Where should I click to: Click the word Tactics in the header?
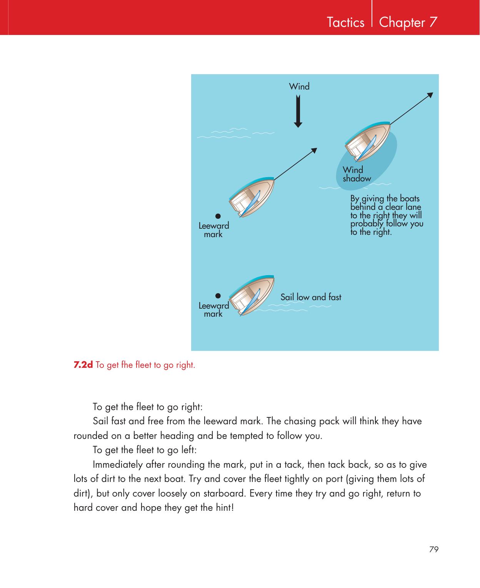tap(345, 23)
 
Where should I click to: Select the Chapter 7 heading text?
tap(408, 23)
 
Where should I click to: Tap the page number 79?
tap(434, 549)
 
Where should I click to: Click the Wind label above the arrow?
tap(299, 86)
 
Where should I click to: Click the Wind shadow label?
tap(356, 174)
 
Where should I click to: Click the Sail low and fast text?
tap(311, 297)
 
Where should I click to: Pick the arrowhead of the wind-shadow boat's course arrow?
tap(430, 96)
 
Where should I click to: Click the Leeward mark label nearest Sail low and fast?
tap(213, 310)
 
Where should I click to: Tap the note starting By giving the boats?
tap(386, 215)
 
